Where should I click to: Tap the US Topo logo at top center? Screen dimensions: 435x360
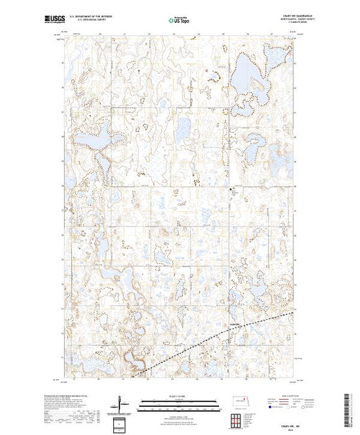tap(179, 21)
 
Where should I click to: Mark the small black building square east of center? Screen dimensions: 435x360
tap(231, 188)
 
